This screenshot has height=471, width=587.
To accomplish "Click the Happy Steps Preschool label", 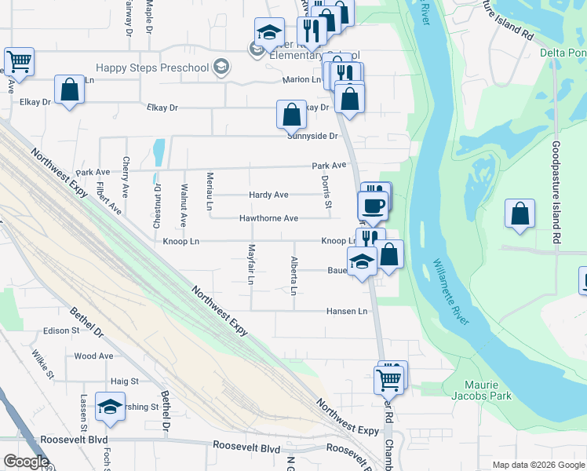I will point(152,68).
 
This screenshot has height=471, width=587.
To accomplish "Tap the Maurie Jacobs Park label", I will point(482,390).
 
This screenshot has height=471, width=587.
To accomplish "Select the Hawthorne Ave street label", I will point(268,218).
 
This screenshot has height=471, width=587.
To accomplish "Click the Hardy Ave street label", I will point(268,195).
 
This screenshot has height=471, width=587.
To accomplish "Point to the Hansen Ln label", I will point(347,312).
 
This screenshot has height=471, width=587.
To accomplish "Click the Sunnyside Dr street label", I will point(312,136).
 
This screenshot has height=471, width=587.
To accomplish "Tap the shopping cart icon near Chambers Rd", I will point(390,379).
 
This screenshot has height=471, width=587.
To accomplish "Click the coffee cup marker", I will point(373,206).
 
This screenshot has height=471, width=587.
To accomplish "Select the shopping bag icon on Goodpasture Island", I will point(520,214).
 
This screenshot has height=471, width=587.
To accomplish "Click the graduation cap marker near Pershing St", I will point(111,407).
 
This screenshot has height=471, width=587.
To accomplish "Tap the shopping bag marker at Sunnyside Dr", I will point(291,115).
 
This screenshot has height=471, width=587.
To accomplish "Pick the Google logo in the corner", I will point(26,462).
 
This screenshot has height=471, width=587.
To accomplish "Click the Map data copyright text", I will point(538,465).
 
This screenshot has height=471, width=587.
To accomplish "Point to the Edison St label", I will point(62,331).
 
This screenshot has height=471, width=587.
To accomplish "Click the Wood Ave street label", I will point(94,356).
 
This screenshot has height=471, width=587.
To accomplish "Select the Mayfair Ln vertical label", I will point(252,264).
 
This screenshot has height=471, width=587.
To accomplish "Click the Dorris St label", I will point(326,187).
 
